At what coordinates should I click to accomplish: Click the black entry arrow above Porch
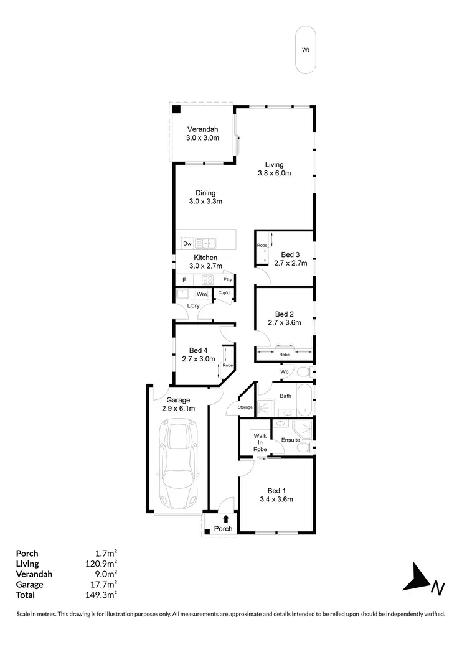tap(226, 518)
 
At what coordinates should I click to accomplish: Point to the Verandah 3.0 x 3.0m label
tap(202, 134)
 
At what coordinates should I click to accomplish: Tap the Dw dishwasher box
tap(187, 244)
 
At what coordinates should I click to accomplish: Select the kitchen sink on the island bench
tap(206, 243)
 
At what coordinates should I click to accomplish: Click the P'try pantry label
tap(227, 280)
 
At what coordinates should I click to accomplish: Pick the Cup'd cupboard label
tap(224, 294)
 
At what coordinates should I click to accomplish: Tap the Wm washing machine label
tap(202, 294)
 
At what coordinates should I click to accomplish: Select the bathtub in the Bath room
tap(305, 401)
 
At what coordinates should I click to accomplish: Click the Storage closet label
tap(245, 407)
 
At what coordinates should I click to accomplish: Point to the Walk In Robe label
tap(260, 442)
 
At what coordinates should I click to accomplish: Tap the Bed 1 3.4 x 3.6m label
tap(276, 495)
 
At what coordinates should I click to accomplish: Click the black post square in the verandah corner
tap(177, 110)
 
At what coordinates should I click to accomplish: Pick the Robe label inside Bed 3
tap(262, 246)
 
